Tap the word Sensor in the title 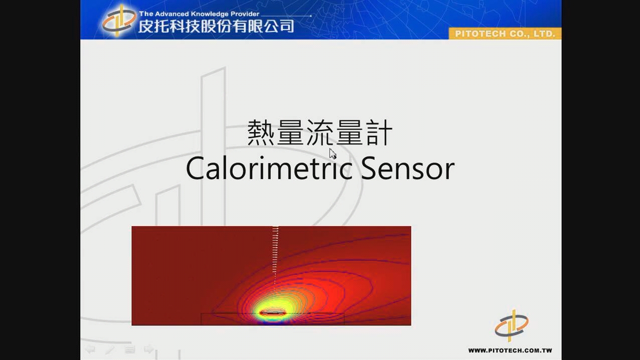coord(408,168)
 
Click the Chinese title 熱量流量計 coord(319,132)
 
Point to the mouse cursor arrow coord(333,154)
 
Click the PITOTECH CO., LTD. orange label coord(505,34)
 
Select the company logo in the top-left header coord(119,21)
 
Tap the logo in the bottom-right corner coord(512,326)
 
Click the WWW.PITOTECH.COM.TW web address coord(510,350)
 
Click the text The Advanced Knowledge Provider coord(199,14)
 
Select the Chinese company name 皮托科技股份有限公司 coord(216,26)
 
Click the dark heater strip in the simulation coord(273,313)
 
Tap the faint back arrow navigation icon coord(91,349)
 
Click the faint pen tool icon coord(110,349)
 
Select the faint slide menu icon coord(130,349)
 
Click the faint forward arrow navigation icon coord(149,349)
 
